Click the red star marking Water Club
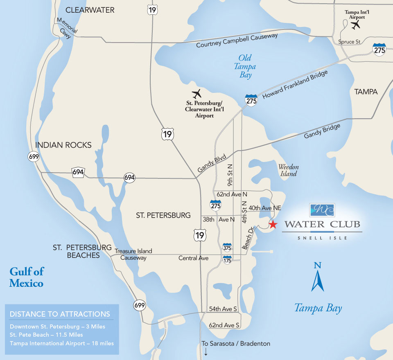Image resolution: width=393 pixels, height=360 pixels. click(273, 224)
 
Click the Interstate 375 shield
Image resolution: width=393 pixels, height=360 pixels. click(227, 248)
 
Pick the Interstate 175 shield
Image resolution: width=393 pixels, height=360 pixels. click(227, 260)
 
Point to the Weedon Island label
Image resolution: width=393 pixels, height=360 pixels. click(289, 170)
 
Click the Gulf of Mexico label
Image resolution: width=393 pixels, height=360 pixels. click(26, 277)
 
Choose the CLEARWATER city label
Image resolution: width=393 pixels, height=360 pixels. click(90, 10)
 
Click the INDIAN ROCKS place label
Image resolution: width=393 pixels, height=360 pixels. click(63, 145)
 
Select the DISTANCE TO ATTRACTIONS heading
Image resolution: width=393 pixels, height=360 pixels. click(60, 314)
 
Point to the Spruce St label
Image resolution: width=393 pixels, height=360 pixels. click(349, 42)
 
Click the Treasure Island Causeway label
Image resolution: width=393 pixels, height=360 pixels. click(133, 254)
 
